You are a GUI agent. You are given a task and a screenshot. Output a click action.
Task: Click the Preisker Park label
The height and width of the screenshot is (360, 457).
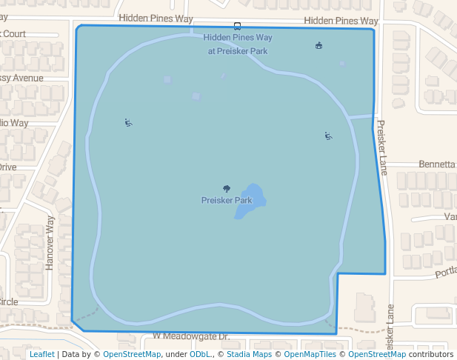click(x=227, y=201)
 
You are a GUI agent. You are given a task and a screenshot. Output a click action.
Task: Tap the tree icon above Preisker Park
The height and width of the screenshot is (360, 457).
click(x=227, y=190)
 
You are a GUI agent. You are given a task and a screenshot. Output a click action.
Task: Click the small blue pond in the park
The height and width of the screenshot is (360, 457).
click(x=250, y=201)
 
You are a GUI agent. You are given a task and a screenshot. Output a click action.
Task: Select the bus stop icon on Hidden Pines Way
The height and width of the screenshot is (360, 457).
click(x=237, y=26)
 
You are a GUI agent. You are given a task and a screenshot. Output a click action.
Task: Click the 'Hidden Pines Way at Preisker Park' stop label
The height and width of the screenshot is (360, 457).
click(x=238, y=44)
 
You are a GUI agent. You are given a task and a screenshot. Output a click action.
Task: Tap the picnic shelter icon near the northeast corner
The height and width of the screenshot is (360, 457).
click(x=319, y=46)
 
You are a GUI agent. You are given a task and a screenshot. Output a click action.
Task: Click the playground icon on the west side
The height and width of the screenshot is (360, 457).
click(x=129, y=123)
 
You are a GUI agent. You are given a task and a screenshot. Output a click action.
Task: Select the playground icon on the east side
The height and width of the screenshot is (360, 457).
click(x=328, y=136)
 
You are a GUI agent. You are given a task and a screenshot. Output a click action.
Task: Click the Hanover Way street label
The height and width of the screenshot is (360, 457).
click(x=50, y=242)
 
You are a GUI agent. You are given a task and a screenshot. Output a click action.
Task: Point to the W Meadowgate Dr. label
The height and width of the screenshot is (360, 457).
click(x=191, y=336)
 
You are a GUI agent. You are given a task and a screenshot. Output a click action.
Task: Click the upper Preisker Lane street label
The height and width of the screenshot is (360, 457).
click(x=381, y=147)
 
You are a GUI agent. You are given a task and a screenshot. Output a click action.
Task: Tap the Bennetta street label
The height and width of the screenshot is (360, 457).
click(x=437, y=164)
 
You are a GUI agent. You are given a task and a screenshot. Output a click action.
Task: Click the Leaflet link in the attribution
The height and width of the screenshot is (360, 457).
click(x=42, y=354)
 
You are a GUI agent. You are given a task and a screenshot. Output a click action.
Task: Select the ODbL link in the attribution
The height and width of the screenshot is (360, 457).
click(x=199, y=354)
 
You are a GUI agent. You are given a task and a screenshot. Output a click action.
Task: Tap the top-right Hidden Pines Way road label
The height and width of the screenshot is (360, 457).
click(x=341, y=21)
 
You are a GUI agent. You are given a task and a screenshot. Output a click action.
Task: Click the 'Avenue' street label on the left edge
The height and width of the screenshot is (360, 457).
click(x=22, y=78)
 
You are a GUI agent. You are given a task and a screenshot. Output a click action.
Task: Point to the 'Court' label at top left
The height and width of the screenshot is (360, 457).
click(x=13, y=33)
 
